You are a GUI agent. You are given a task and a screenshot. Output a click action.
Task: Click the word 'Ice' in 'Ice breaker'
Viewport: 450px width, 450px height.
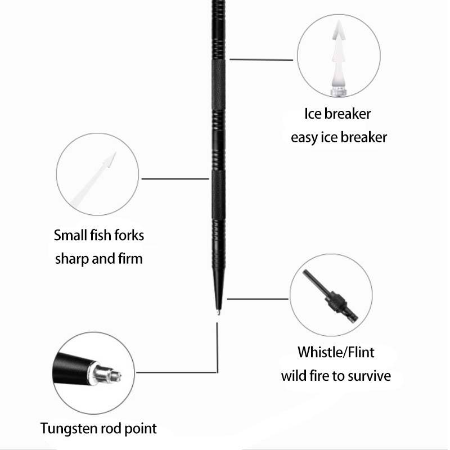(313, 114)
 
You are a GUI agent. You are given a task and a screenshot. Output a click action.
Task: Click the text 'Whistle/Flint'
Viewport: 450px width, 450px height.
(336, 353)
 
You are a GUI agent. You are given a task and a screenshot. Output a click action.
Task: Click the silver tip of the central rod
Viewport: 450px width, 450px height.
(217, 308)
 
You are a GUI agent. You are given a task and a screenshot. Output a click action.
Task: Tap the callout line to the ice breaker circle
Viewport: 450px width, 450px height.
(261, 59)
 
